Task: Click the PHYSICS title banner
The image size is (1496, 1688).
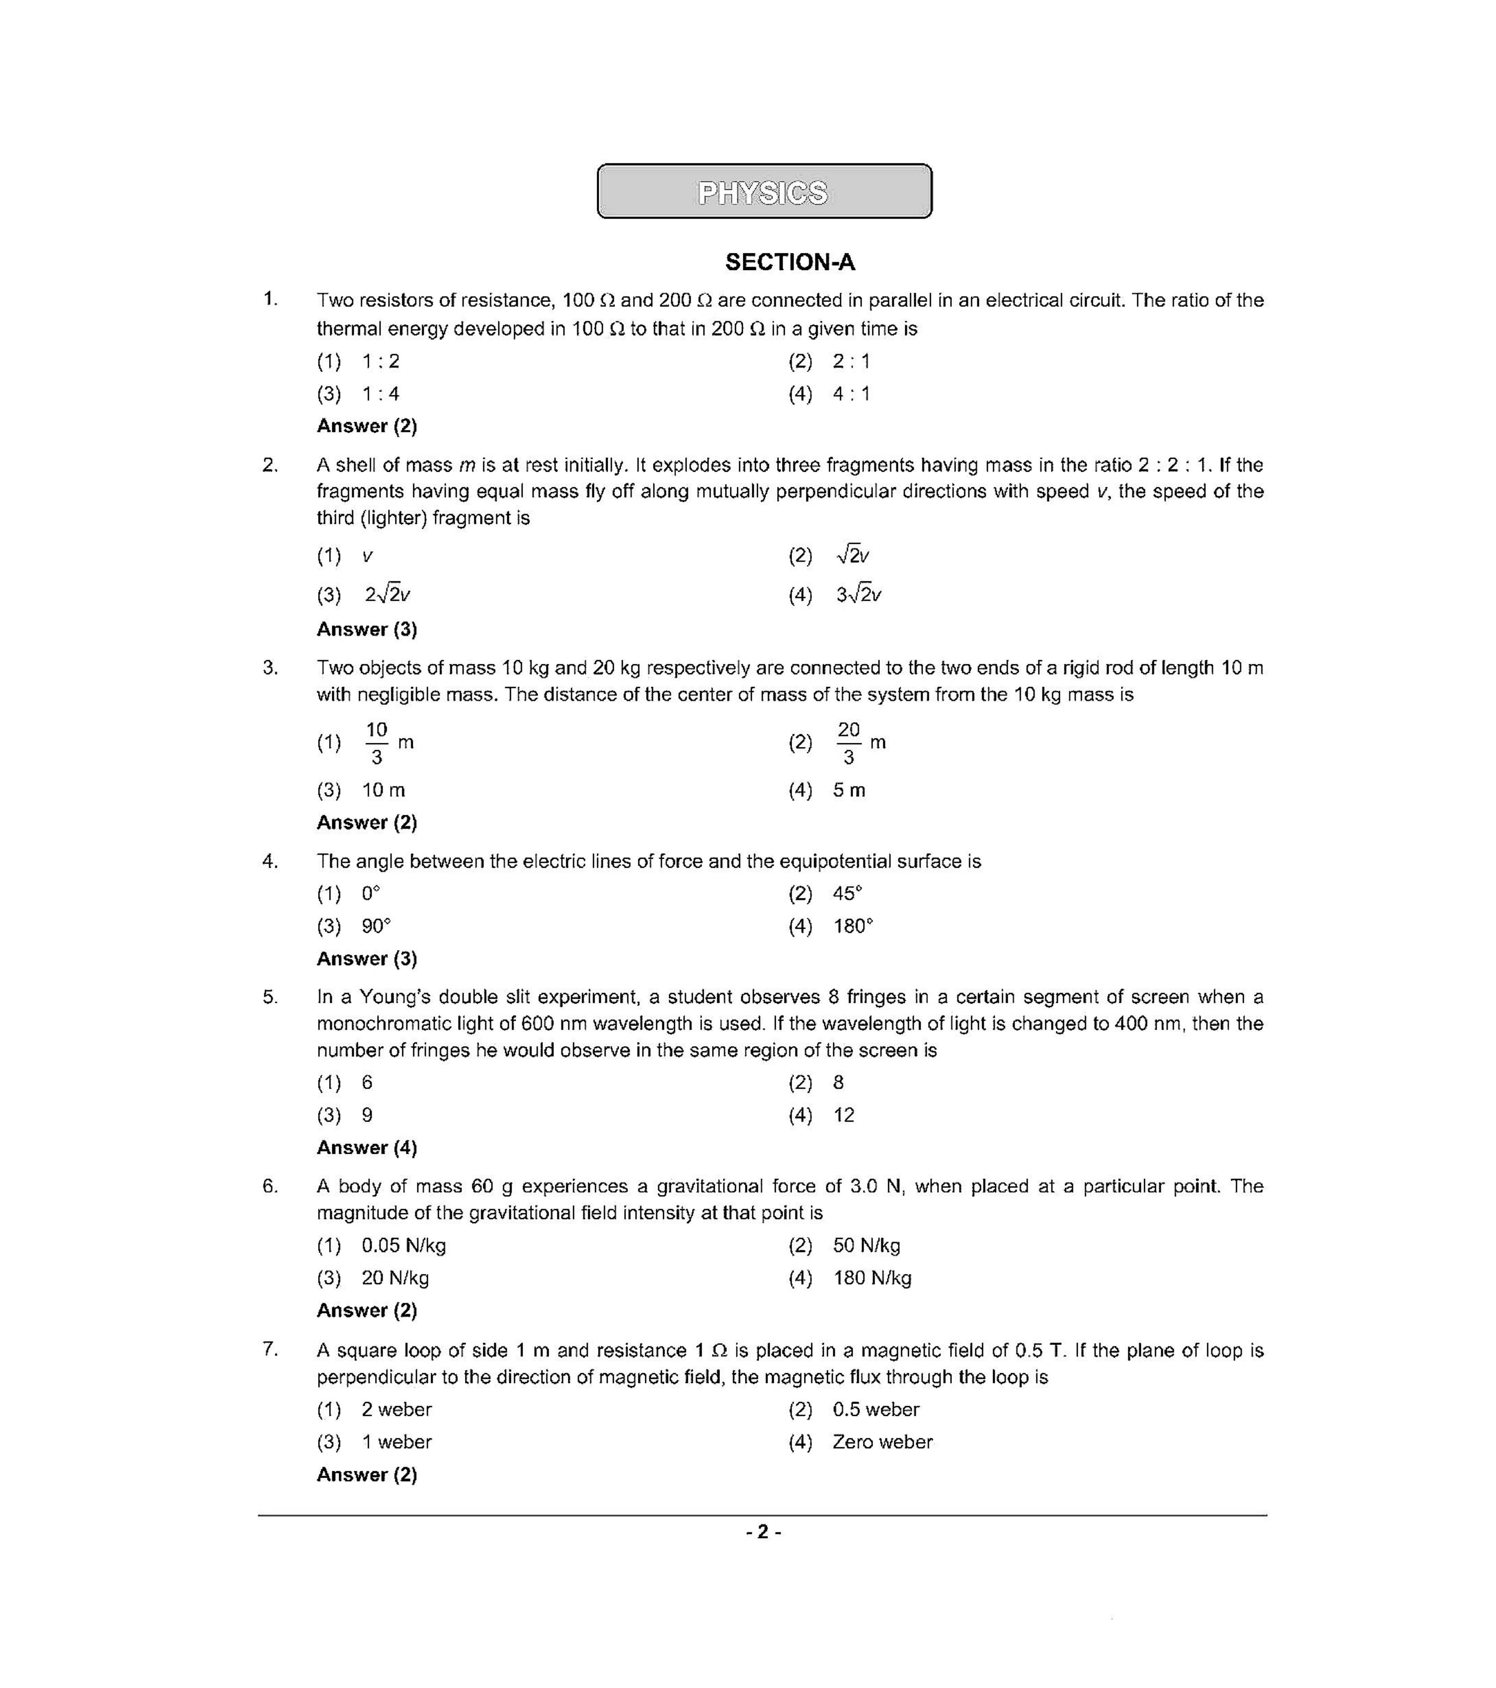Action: coord(764,192)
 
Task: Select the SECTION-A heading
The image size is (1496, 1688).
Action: coord(790,263)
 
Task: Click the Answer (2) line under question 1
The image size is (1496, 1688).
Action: coord(367,426)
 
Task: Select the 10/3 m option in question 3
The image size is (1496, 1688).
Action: coord(388,742)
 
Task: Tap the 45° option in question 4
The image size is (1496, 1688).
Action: coord(847,893)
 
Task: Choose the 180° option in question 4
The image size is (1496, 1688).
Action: coord(853,927)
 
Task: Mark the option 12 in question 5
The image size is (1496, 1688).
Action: coord(843,1116)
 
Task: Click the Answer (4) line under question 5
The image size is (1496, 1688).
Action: coord(367,1148)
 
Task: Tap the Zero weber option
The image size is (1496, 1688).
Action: coord(882,1442)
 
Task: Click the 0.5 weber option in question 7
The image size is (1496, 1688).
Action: coord(875,1410)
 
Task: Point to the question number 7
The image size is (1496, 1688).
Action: coord(269,1349)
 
